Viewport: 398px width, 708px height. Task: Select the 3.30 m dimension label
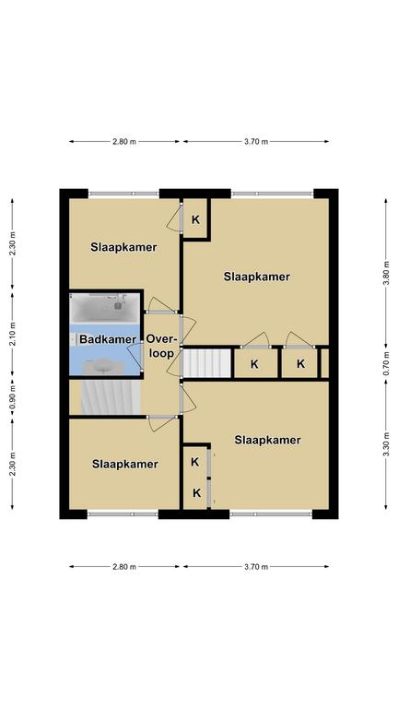(386, 444)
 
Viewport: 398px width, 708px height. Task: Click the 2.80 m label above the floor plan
(124, 141)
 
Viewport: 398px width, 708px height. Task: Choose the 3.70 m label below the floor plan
(256, 567)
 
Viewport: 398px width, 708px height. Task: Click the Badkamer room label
(108, 339)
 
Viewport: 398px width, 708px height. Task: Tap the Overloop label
(161, 347)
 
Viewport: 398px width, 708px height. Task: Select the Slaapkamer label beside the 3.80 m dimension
(256, 277)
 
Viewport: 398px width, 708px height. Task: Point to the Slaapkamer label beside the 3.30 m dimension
(267, 440)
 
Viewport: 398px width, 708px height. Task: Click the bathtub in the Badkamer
(105, 308)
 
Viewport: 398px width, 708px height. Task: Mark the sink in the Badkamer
(103, 366)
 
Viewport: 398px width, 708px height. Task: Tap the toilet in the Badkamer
(75, 339)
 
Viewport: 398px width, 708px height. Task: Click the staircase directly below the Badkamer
(111, 397)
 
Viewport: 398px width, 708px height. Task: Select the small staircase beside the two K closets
(207, 362)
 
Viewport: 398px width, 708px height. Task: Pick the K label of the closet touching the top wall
(195, 220)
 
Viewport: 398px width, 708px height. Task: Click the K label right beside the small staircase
(255, 364)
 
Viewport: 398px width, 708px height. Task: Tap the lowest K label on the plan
(197, 493)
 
